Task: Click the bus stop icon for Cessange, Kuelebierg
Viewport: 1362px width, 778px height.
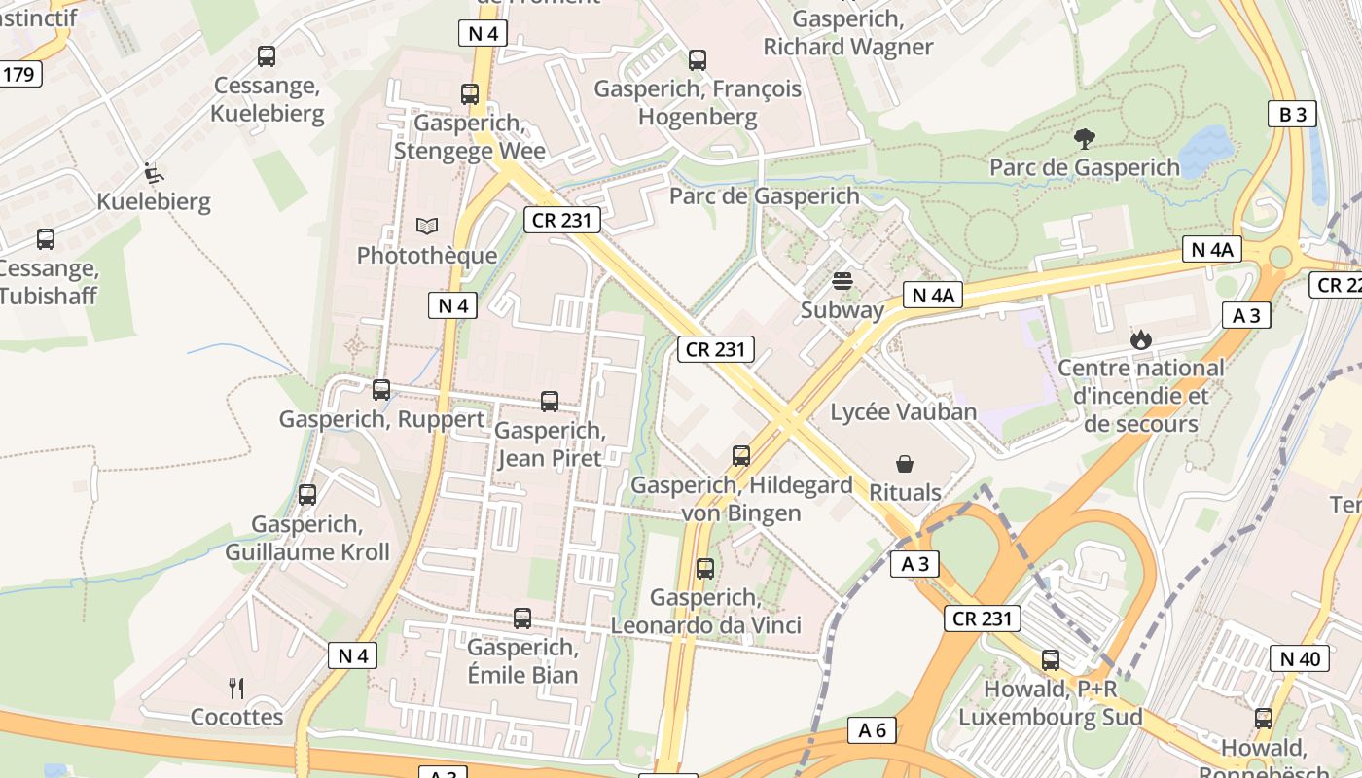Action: [266, 56]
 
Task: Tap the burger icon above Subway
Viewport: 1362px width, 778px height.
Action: [842, 281]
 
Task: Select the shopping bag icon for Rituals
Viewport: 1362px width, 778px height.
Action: [905, 464]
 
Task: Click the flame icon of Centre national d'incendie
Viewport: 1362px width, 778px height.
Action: [1140, 339]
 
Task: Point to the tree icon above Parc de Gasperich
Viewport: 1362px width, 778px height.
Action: [1084, 139]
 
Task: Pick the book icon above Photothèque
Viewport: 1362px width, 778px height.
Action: [426, 227]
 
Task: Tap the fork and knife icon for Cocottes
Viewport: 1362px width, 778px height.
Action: [236, 689]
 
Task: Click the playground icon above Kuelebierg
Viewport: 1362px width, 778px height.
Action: [153, 173]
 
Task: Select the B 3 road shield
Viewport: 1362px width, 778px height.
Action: [1292, 114]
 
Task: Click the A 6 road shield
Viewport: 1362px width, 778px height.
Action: [872, 730]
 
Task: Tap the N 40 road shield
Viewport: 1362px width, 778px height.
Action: [1299, 658]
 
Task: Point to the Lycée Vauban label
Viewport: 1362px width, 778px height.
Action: [903, 411]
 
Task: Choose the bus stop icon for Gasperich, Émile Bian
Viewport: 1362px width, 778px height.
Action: [522, 619]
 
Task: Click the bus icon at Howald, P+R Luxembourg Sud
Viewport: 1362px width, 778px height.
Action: [1051, 660]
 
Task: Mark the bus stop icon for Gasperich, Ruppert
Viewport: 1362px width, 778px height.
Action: [381, 390]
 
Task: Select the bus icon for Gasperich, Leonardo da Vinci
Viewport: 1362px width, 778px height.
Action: [705, 569]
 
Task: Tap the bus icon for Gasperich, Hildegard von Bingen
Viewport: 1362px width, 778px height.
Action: [741, 456]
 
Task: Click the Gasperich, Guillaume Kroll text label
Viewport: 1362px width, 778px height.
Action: [307, 538]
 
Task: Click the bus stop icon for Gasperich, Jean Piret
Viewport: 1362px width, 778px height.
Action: [550, 402]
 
